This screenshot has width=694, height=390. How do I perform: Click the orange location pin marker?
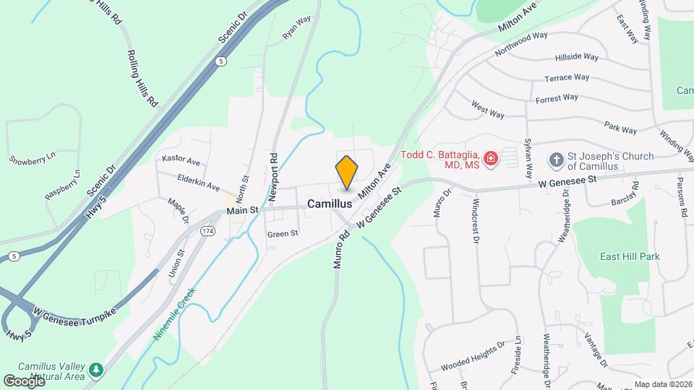click(347, 173)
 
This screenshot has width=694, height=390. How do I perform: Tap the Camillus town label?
click(330, 204)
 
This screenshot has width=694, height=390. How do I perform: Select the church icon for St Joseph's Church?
click(556, 159)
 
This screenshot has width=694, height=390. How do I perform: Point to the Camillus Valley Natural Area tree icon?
click(95, 371)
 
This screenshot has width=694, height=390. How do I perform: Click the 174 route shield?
click(208, 230)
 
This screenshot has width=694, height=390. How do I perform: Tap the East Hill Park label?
click(630, 256)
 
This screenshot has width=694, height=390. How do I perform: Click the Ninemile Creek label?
click(174, 315)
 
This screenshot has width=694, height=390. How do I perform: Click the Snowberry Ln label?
click(32, 158)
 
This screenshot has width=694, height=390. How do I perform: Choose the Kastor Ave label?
click(181, 159)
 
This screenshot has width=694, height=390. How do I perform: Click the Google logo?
click(23, 380)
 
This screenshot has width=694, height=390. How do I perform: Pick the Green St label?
click(283, 233)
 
